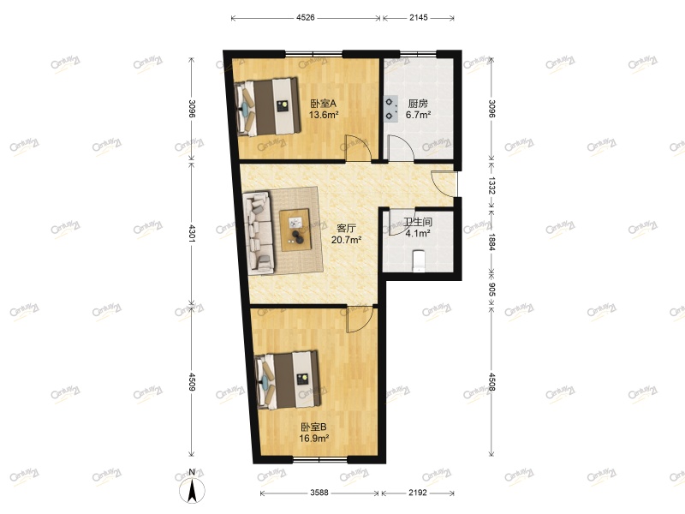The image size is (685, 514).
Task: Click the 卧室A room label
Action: (323, 104)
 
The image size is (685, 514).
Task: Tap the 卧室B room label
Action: (313, 427)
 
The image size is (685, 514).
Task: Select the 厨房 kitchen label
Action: (417, 104)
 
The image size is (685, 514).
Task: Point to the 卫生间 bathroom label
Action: (418, 221)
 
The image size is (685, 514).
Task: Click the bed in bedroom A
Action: (268, 106)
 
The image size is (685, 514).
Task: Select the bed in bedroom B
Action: (289, 379)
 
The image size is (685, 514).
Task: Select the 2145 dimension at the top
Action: (419, 15)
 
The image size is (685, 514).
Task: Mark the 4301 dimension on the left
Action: (192, 235)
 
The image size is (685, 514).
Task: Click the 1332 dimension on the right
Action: (491, 185)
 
